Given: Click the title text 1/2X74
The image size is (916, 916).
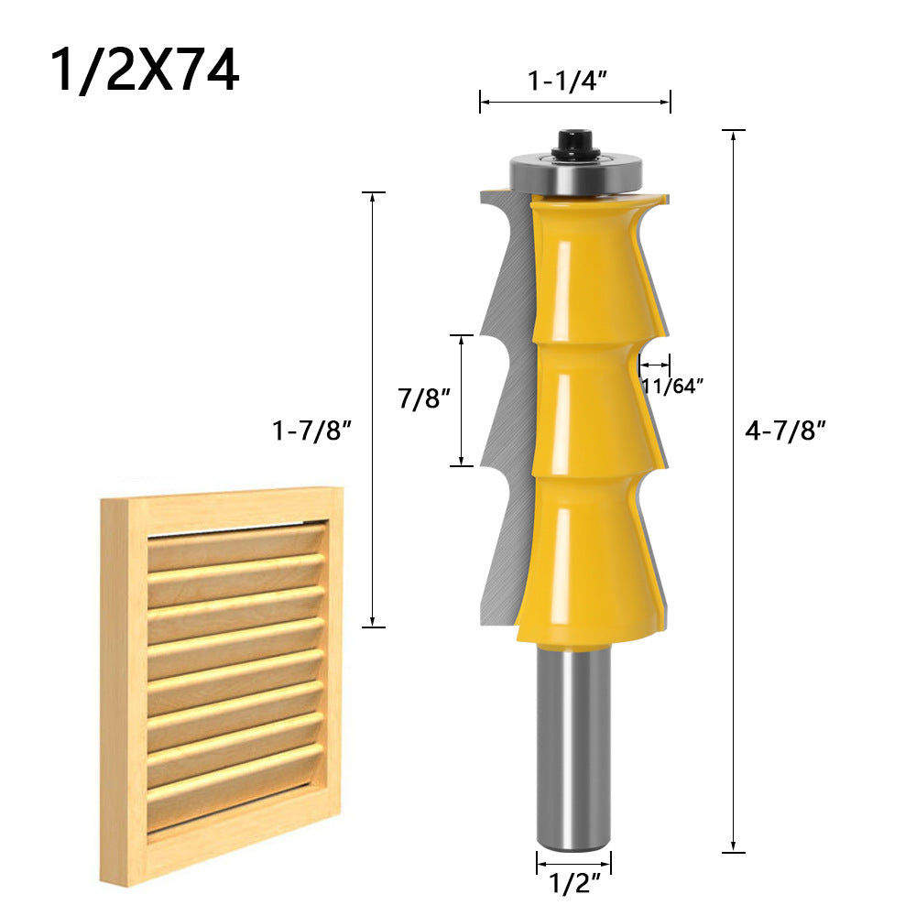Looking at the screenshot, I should pos(145,72).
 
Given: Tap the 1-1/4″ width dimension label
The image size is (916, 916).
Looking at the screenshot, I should pos(568,82).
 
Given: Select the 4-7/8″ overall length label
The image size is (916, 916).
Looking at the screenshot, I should pos(786,431).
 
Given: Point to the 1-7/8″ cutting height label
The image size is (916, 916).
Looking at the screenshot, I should pos(311,431).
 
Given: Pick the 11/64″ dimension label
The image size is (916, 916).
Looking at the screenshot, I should pos(671,387).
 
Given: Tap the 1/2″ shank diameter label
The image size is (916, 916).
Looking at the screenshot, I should pos(573,885).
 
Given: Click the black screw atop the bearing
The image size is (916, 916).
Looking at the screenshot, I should pos(574,142).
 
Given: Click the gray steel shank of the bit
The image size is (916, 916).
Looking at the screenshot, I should pos(573,742).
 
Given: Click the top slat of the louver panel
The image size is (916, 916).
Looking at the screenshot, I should pos(236,546).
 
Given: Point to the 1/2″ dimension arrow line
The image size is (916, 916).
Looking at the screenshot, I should pos(573,862).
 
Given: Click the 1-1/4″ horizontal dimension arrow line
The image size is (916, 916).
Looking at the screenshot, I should pos(575,103).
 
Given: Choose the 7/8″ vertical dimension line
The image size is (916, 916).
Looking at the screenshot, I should pos(463,400).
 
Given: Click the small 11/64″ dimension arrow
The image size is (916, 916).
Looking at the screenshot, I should pos(655,364).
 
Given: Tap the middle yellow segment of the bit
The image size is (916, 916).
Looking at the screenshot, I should pos(586,403).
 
